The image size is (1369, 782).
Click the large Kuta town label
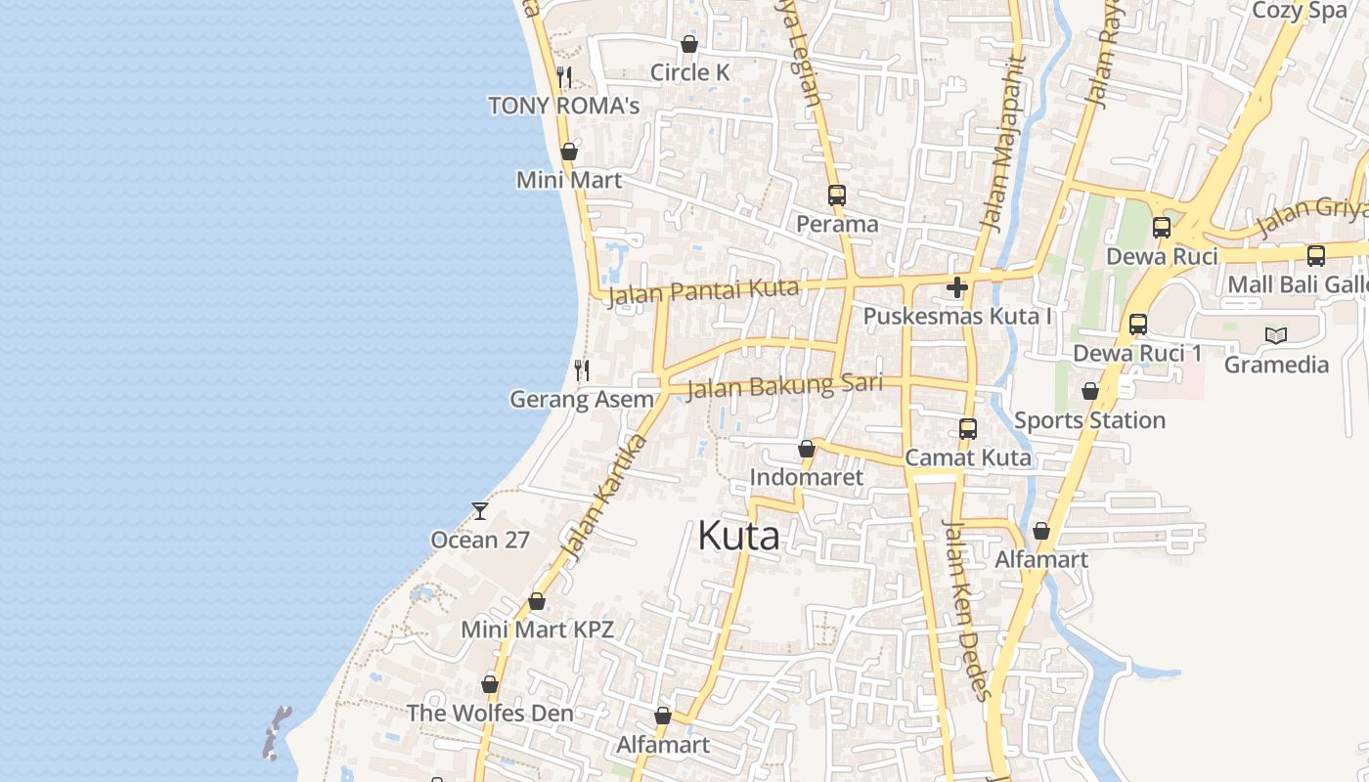click(x=739, y=536)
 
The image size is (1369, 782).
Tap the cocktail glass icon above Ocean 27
click(x=480, y=510)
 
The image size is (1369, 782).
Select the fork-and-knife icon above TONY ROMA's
click(x=563, y=76)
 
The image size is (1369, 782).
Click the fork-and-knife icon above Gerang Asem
click(x=582, y=369)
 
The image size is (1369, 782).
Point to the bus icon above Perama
click(x=836, y=195)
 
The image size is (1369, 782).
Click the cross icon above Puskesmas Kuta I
click(x=957, y=287)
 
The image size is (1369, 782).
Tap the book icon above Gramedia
click(x=1276, y=335)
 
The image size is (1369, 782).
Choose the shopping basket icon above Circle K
click(x=689, y=44)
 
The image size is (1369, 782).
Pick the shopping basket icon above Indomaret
click(x=807, y=449)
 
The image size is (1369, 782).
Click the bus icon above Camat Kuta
click(x=968, y=428)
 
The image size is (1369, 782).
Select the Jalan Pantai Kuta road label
click(x=703, y=291)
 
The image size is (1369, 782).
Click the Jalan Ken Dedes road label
click(x=966, y=609)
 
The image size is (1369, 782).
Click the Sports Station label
click(x=1089, y=420)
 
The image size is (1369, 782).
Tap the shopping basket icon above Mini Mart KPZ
click(x=537, y=601)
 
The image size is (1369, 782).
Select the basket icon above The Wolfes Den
click(x=490, y=684)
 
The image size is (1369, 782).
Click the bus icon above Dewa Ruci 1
click(x=1138, y=325)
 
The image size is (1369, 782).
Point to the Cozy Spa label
click(x=1300, y=11)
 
